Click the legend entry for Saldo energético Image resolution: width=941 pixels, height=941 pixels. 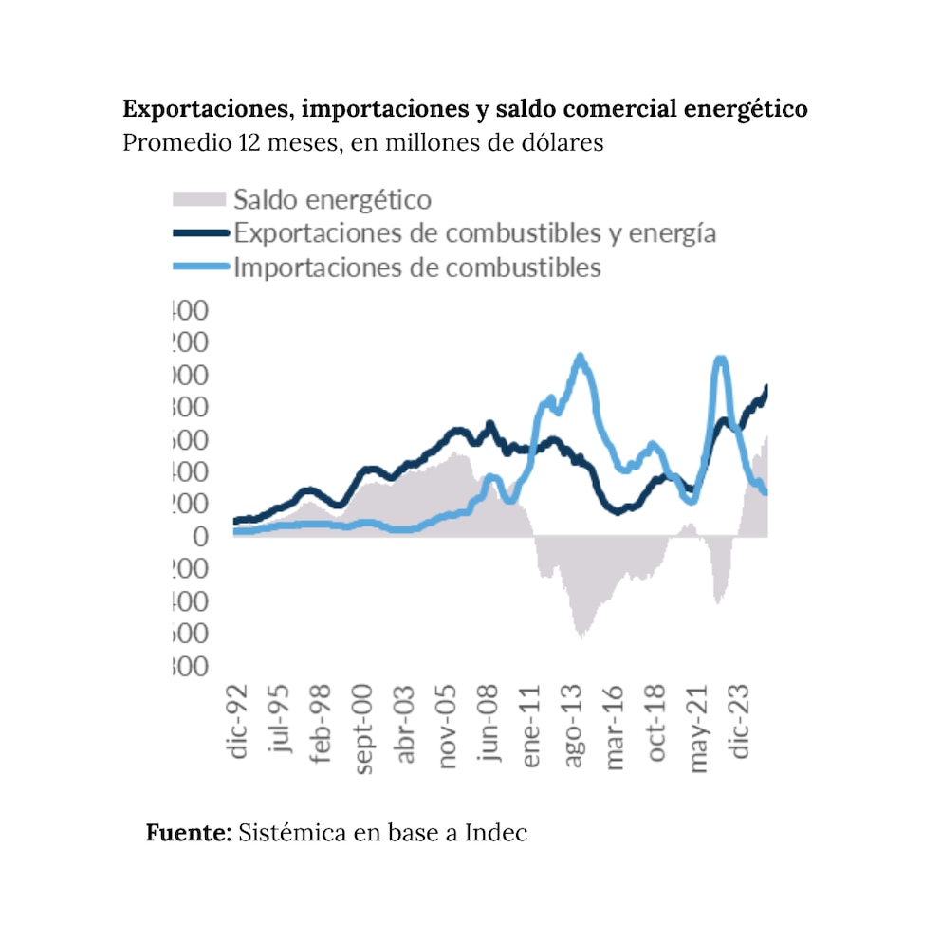[x=332, y=200]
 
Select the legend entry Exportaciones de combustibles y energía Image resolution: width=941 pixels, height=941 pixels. [x=474, y=233]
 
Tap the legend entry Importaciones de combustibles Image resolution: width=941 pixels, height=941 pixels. [x=416, y=268]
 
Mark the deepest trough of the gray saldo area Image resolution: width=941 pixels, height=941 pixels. [x=580, y=637]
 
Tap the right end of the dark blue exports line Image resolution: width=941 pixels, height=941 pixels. [x=766, y=387]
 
